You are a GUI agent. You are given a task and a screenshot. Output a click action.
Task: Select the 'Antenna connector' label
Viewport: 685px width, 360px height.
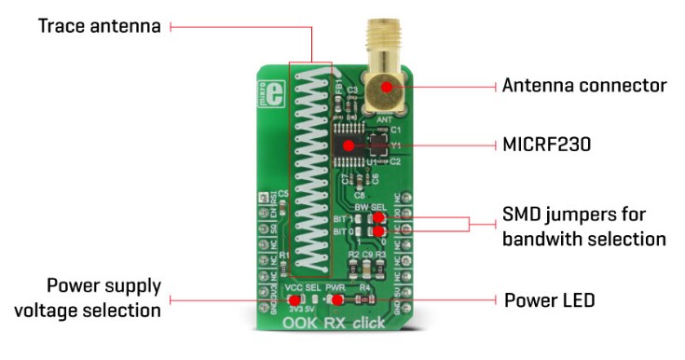584,86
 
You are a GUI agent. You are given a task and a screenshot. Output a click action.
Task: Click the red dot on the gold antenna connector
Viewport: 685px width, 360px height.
384,86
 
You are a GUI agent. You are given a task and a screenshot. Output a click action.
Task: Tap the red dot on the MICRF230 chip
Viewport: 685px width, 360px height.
349,145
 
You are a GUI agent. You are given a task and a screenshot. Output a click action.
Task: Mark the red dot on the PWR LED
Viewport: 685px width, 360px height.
334,301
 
